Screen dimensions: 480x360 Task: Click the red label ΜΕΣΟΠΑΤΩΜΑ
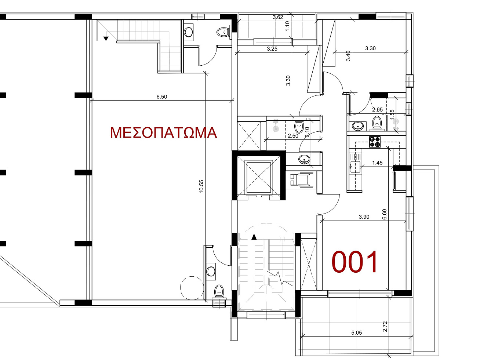163,133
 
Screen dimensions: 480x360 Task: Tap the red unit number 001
354,262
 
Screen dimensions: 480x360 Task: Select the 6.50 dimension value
162,97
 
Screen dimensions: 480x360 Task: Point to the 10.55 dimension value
201,186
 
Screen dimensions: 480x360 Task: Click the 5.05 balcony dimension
356,333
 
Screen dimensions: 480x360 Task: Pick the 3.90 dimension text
364,217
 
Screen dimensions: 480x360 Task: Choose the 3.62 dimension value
278,17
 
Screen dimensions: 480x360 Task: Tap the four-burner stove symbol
375,142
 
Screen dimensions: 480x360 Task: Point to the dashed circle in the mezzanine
192,288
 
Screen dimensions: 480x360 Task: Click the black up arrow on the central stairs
254,237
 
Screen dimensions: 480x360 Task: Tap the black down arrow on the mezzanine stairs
106,39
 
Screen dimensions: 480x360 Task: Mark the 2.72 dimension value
385,326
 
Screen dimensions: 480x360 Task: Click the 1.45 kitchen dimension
378,163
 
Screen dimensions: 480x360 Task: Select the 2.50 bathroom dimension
293,136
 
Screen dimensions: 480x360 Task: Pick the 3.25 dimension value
272,49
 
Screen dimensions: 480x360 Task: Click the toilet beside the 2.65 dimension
377,123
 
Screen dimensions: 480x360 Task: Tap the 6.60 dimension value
385,214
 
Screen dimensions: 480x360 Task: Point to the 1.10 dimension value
287,26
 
